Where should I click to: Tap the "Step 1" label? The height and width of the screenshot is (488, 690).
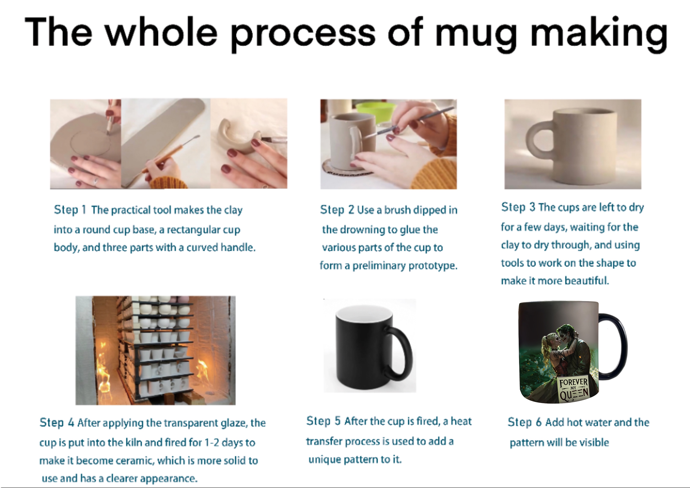point(70,210)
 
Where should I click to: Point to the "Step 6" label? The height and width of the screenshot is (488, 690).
point(524,422)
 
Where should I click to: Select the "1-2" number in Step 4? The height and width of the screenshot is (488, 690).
point(212,443)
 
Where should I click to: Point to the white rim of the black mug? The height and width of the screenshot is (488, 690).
point(364,313)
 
